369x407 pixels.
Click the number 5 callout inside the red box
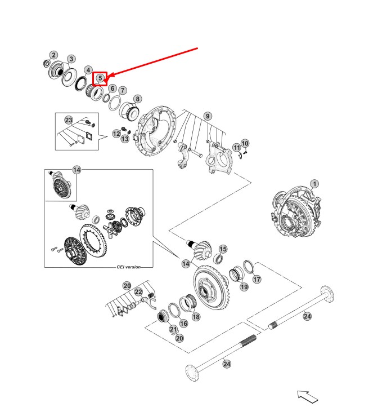(x=100, y=78)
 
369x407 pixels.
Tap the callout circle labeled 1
(x=314, y=184)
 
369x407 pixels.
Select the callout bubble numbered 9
(x=208, y=116)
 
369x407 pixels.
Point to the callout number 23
(x=69, y=120)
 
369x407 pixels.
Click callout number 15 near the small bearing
(x=223, y=249)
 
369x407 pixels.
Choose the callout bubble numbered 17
(x=256, y=279)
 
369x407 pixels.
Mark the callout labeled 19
(x=244, y=287)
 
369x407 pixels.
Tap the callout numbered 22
(x=138, y=292)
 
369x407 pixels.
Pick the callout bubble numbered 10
(x=245, y=143)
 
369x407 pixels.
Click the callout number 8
(x=137, y=99)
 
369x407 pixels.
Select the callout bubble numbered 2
(x=53, y=55)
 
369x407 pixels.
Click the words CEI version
(x=128, y=267)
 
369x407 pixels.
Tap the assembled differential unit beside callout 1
(x=296, y=211)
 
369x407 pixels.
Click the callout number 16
(x=183, y=324)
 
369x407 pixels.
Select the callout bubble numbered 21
(x=173, y=329)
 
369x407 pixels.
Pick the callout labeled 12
(x=116, y=134)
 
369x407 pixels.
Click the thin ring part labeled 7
(x=115, y=103)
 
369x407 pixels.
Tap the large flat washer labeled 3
(x=69, y=77)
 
